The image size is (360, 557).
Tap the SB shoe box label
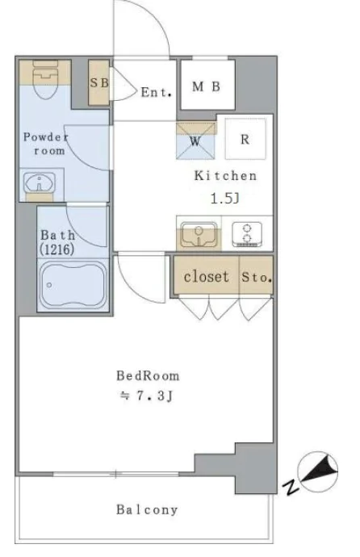coord(99,83)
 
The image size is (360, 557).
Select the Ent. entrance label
coord(157,92)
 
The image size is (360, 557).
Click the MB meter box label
coord(207,86)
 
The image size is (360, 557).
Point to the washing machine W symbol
coord(195,141)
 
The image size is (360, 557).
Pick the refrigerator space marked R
coord(245,139)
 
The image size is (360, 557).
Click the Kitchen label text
coord(225,175)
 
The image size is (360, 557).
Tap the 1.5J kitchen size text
coord(225,199)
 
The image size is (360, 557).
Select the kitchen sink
coord(199,234)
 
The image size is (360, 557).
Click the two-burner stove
coord(247,234)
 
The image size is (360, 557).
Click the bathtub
coord(73,284)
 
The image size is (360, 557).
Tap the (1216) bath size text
coord(57,249)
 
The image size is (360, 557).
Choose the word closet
coord(206,276)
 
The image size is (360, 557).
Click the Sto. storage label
coord(257,277)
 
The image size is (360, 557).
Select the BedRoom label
coord(148,376)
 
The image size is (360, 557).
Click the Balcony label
coord(147,510)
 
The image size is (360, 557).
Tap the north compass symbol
coord(317,471)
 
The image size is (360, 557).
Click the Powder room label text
coord(46,144)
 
